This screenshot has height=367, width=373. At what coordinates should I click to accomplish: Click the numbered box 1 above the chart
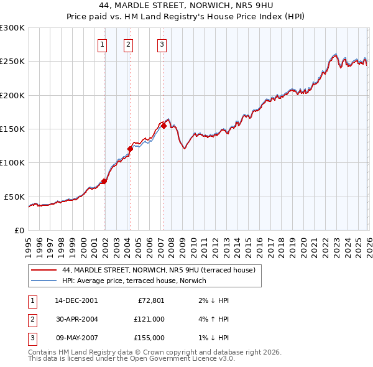(x=102, y=44)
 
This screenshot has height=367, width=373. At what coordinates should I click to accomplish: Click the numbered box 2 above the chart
(x=128, y=44)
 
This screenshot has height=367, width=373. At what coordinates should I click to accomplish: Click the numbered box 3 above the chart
(x=162, y=44)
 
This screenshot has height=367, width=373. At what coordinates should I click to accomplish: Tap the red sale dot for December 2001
(x=104, y=181)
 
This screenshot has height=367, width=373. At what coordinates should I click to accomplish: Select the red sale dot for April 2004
(x=131, y=149)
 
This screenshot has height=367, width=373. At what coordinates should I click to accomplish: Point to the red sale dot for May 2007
(x=163, y=126)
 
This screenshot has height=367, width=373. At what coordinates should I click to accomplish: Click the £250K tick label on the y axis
(x=12, y=62)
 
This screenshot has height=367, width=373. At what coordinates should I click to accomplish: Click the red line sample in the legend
(x=44, y=270)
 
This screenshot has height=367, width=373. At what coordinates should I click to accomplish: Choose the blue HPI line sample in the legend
(x=44, y=281)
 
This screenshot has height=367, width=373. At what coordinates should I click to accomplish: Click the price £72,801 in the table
(x=149, y=300)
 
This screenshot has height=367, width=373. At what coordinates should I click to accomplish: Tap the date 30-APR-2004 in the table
(x=76, y=319)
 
